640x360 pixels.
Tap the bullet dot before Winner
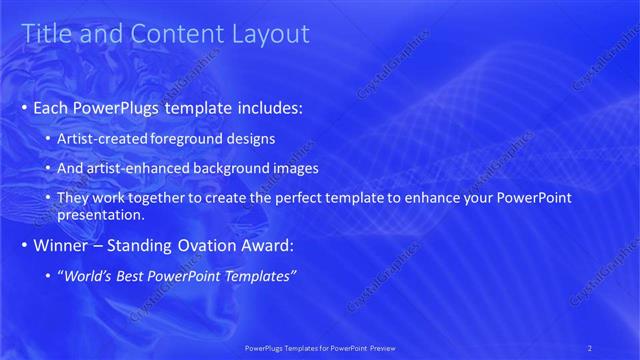tap(24, 245)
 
